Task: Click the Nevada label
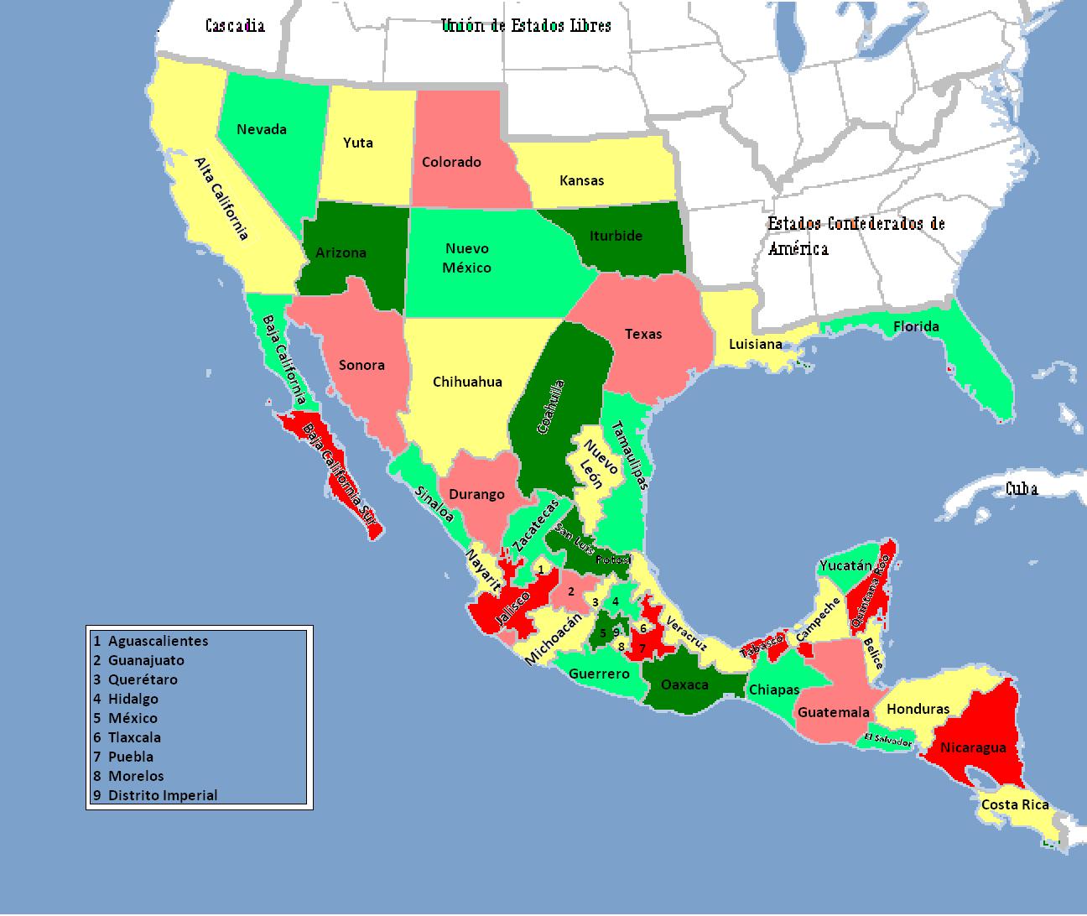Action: point(262,129)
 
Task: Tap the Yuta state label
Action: point(358,143)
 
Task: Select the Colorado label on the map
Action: point(451,162)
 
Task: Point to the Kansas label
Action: point(581,180)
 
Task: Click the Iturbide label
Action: point(616,236)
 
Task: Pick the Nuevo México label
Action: point(467,258)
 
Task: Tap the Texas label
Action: point(643,334)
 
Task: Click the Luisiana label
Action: point(755,344)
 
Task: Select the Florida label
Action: point(916,326)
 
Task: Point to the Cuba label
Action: point(1022,488)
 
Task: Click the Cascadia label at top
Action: point(235,25)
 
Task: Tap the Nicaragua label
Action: point(973,747)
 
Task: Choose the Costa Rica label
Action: point(1015,804)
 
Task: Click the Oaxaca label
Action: point(685,684)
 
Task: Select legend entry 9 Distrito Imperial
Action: point(155,795)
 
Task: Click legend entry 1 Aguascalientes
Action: point(151,641)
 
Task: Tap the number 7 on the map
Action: point(642,648)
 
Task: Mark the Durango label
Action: point(476,494)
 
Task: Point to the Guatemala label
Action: point(833,712)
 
